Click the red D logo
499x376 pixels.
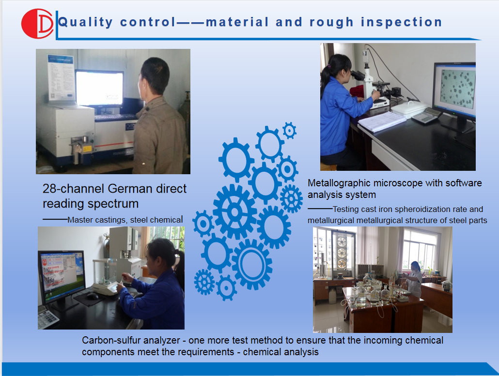(37, 24)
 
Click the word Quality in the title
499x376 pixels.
(85, 22)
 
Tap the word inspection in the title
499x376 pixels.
(401, 22)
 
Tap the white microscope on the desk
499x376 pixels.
(373, 83)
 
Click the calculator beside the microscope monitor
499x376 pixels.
(426, 115)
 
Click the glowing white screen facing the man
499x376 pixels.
(99, 88)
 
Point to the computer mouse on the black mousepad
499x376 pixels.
(92, 296)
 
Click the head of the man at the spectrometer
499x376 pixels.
(154, 77)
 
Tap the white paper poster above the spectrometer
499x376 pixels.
(61, 77)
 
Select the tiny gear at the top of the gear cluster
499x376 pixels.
(289, 130)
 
